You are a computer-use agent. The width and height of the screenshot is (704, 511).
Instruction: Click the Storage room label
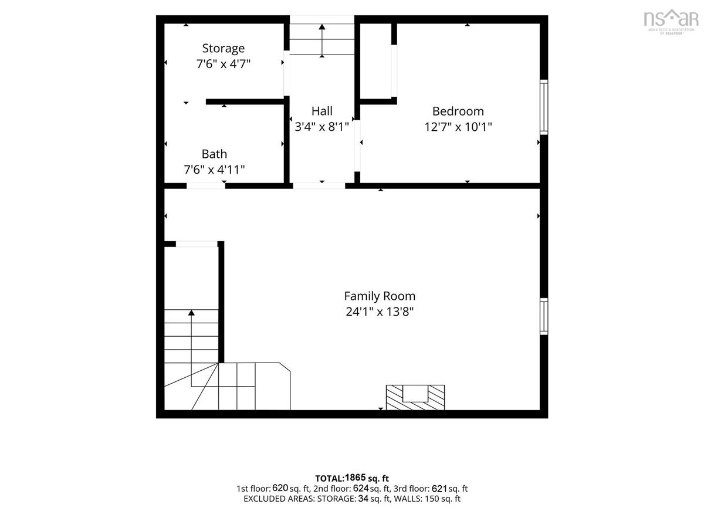point(223,49)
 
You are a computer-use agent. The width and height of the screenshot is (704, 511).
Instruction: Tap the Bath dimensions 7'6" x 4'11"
point(214,170)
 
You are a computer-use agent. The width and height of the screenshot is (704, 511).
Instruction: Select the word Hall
point(322,111)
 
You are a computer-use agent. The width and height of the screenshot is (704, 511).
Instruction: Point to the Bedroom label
point(458,111)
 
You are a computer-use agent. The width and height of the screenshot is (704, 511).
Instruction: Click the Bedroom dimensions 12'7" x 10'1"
point(458,127)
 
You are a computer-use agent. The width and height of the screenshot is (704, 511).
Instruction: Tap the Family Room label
point(380,296)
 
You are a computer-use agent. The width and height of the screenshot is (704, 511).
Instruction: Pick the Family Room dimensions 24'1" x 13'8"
point(380,312)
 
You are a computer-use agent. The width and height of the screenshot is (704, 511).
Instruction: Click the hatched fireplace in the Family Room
point(415,397)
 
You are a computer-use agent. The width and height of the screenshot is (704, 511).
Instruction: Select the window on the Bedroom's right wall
point(544,107)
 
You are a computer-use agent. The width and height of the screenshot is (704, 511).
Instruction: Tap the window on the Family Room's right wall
point(544,316)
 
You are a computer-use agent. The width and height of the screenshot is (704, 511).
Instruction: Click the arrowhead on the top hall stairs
point(322,27)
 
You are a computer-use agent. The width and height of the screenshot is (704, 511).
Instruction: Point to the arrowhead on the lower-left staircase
point(191,312)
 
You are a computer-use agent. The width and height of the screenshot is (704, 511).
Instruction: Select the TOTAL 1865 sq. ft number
point(356,478)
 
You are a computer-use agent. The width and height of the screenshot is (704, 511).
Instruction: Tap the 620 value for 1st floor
point(280,488)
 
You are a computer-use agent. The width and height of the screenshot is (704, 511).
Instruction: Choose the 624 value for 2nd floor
point(361,488)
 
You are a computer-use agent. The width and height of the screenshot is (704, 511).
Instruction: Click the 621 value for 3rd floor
point(439,488)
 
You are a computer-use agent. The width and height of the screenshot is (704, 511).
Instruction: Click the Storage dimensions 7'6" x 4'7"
point(223,64)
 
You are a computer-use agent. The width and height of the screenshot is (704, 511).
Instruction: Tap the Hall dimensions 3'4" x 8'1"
point(322,127)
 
